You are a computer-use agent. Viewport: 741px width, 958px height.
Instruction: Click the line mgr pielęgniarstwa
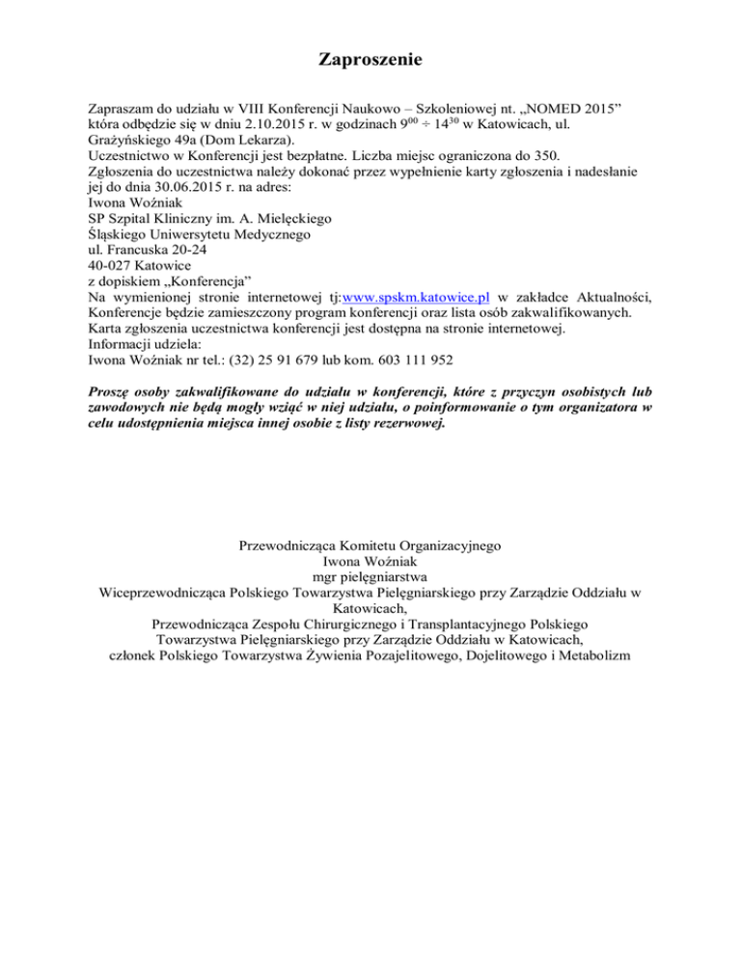(x=370, y=576)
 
